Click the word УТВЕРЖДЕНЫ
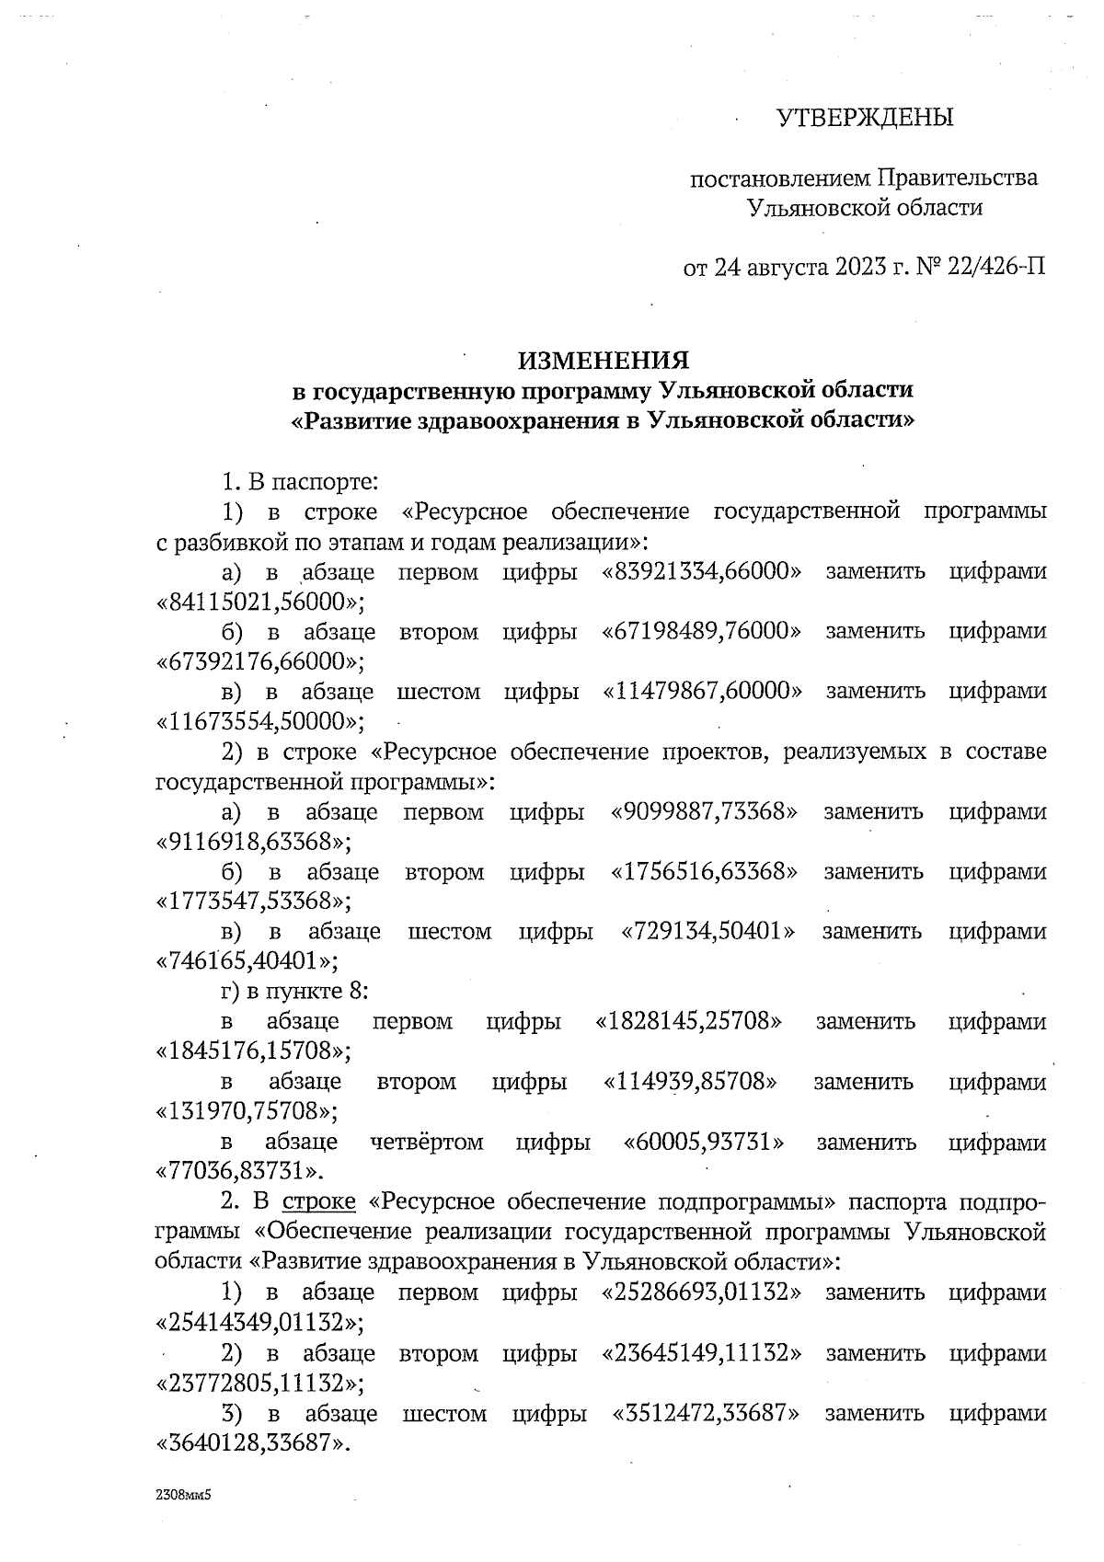865,118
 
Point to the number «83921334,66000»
701,571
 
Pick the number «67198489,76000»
701,631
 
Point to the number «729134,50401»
708,931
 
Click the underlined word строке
318,1202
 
